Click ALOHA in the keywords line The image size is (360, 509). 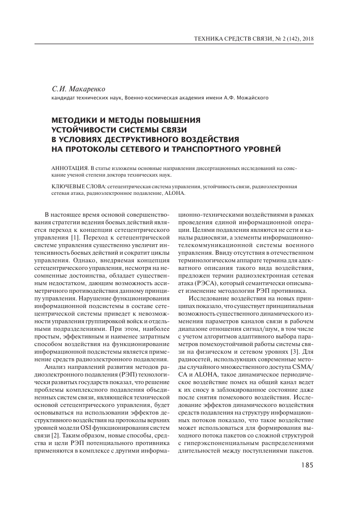pos(176,193)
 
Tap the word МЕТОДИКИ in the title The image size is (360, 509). pos(77,120)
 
